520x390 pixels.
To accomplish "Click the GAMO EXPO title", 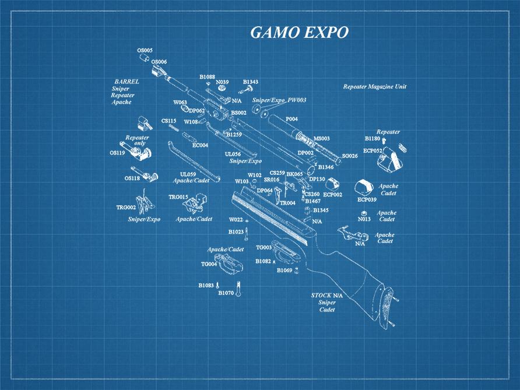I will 299,33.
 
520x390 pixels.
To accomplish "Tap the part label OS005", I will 145,51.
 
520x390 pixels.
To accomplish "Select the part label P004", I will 291,119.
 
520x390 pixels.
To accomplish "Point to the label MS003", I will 321,139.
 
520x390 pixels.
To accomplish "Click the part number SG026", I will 350,156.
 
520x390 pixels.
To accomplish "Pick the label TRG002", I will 126,207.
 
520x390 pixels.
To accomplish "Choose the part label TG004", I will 209,264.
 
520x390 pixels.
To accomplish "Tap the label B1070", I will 226,293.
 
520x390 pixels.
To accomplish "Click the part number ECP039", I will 367,199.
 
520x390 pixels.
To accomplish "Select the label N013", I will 364,219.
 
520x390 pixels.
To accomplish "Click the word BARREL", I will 127,82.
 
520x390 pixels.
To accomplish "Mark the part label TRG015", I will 178,197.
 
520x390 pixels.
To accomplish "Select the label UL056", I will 233,154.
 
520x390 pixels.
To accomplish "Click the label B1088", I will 207,76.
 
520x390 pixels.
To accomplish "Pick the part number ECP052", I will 373,150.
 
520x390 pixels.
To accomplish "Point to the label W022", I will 236,220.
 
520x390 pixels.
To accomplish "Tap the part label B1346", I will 325,167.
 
